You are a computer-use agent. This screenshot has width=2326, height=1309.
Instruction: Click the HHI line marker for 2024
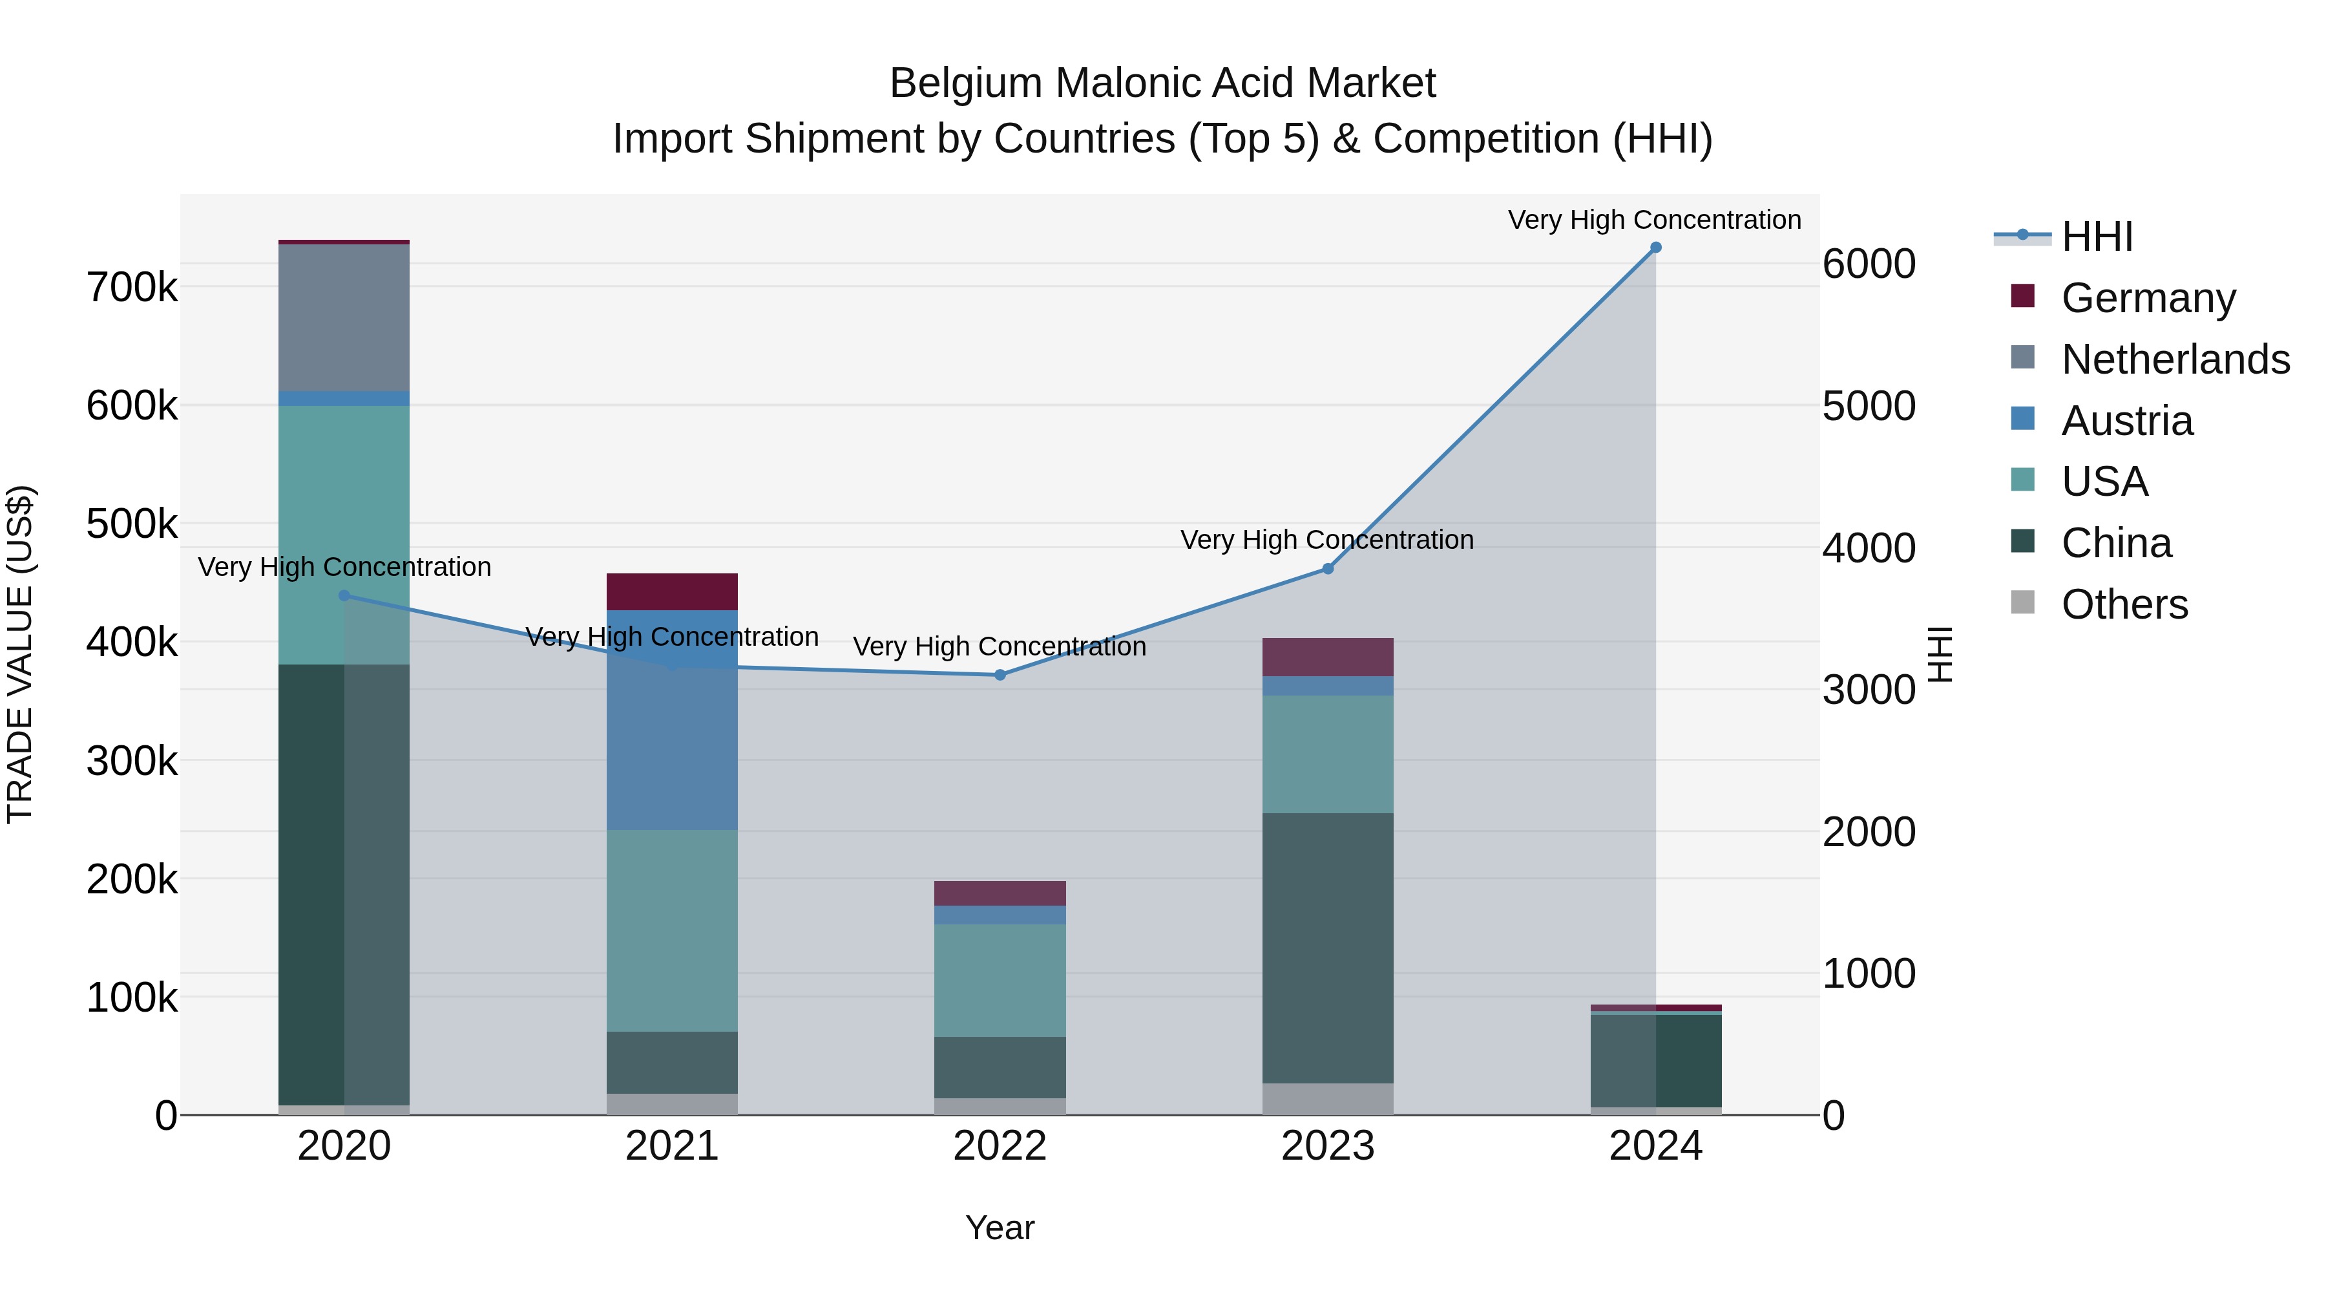1655,248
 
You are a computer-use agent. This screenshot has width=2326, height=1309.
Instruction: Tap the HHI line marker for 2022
1000,675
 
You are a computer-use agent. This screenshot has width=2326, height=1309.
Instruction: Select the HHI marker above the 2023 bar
1327,569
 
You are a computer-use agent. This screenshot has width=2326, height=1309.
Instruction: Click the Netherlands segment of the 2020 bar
344,318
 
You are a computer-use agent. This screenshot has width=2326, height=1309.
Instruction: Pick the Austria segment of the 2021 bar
672,720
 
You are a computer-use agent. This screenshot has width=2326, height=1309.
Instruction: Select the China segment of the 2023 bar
1327,948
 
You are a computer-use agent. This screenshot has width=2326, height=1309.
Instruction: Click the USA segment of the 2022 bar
1000,980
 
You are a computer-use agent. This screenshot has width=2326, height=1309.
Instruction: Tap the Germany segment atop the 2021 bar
672,591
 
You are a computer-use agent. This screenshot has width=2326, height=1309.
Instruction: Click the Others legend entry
2124,604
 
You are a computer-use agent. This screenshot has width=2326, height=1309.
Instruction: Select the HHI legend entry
2097,237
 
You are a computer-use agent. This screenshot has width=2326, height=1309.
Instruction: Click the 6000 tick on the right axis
1868,264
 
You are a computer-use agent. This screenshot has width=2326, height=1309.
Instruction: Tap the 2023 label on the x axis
1327,1146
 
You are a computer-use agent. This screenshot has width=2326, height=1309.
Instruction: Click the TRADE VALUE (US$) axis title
20,654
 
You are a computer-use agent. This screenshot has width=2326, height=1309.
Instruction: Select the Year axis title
1000,1228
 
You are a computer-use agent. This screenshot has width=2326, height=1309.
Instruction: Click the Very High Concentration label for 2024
1654,220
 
